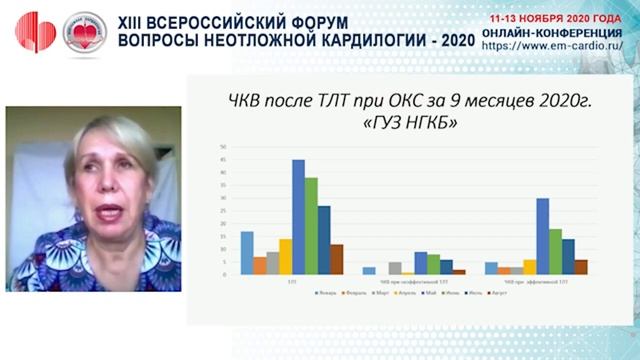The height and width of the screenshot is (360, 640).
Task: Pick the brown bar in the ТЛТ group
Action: click(337, 259)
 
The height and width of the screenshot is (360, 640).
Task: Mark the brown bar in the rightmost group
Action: click(581, 267)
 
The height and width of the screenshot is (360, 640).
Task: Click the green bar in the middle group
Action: click(433, 264)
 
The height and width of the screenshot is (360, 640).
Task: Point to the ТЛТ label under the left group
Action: click(291, 282)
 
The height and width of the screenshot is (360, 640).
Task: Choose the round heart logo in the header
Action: click(84, 32)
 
